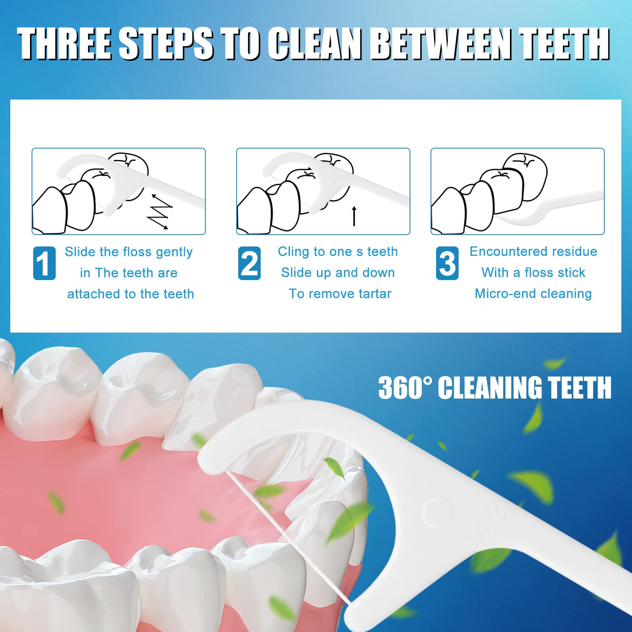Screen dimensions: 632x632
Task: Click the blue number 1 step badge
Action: point(44,263)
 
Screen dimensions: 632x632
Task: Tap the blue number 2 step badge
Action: point(249,263)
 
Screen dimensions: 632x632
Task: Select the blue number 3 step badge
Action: point(447,263)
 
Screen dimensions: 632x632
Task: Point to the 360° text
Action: point(404,387)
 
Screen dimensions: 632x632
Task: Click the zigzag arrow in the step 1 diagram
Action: point(160,212)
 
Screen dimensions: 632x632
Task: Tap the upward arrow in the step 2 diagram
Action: point(354,216)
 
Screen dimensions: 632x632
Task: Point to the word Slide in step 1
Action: point(80,252)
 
